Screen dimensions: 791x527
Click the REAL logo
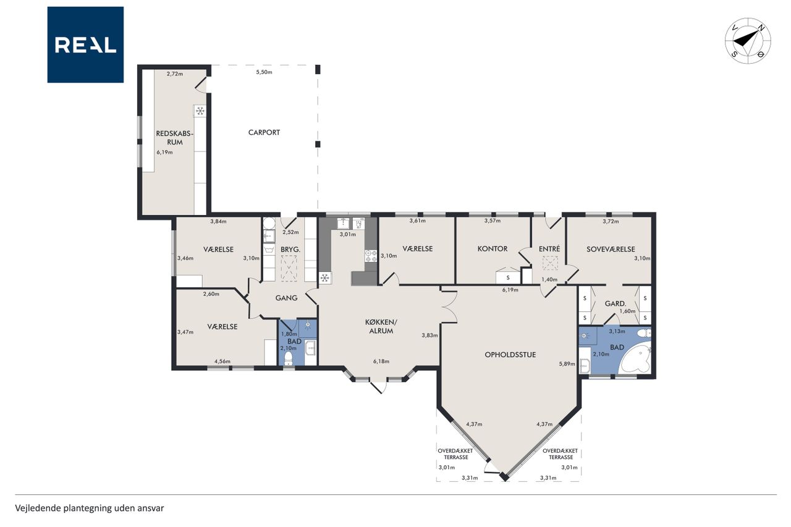coord(85,45)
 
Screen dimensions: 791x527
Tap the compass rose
coord(748,41)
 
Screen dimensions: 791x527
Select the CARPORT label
coord(264,132)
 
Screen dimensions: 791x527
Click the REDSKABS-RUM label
coord(175,138)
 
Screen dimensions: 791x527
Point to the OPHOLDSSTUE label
coord(510,355)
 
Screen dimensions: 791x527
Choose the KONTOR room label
coord(493,248)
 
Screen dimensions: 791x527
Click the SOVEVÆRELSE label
coord(611,249)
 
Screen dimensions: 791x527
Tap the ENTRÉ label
coord(549,248)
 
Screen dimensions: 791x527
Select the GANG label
coord(286,298)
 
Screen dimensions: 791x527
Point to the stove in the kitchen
coord(371,256)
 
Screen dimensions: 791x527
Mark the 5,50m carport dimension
coord(264,72)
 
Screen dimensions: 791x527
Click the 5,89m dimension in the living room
coord(567,363)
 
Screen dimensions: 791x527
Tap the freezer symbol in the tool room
coord(200,111)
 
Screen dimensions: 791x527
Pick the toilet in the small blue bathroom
coord(289,358)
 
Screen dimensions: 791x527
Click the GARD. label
coord(615,303)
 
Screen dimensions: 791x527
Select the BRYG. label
coord(290,249)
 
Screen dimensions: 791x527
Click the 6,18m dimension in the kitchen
coord(381,361)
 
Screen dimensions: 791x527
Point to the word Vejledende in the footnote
coord(38,508)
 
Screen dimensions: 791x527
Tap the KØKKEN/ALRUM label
coord(381,326)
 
